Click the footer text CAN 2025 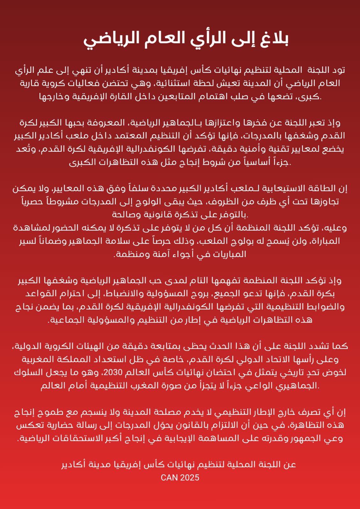pos(180,478)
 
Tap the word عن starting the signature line pos(290,465)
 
